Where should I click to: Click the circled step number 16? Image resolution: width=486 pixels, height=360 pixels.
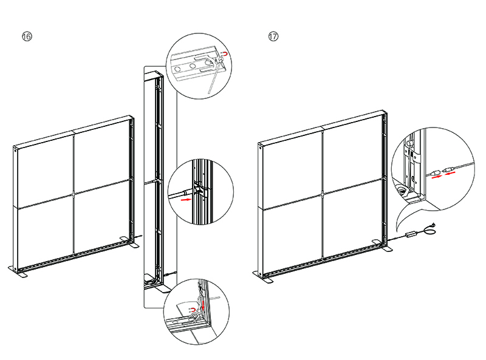(27, 37)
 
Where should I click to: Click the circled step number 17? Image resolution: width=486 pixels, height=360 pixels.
(273, 37)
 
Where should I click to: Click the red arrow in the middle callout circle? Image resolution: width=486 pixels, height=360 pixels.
(186, 198)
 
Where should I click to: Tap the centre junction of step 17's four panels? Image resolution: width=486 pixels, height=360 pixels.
(322, 194)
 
